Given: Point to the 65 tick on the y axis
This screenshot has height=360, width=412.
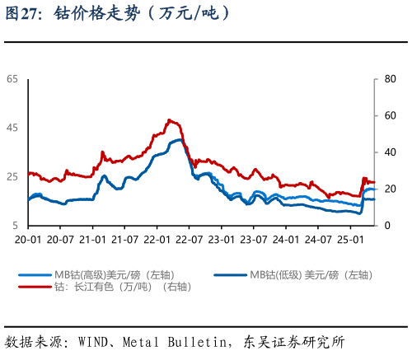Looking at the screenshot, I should (x=12, y=79).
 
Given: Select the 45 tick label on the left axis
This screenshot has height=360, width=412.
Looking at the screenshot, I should (x=12, y=128).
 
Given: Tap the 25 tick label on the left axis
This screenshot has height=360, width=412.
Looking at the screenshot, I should (x=12, y=176).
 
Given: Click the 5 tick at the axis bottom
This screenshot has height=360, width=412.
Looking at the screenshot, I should (x=15, y=225).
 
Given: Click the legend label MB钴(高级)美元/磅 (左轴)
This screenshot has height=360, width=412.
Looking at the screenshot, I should (x=115, y=274).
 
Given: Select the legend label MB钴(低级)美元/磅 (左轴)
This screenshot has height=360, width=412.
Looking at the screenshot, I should (x=311, y=274).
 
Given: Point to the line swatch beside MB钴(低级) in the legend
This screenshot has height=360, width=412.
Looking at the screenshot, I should (x=231, y=274).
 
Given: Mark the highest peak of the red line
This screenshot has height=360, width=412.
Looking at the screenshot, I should (x=169, y=119).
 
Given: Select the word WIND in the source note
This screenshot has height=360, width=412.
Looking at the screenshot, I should (x=93, y=341).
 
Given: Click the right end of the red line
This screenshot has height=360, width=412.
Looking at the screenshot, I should (x=375, y=183).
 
